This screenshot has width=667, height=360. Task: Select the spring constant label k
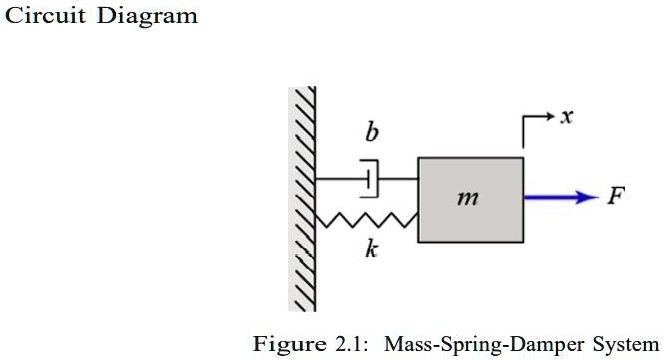371,250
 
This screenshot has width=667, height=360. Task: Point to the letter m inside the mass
465,199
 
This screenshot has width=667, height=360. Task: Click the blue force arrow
555,197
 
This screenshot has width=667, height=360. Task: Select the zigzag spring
366,219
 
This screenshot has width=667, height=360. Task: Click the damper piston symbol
370,179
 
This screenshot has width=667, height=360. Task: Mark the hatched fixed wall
304,200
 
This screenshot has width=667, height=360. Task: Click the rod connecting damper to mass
397,179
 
